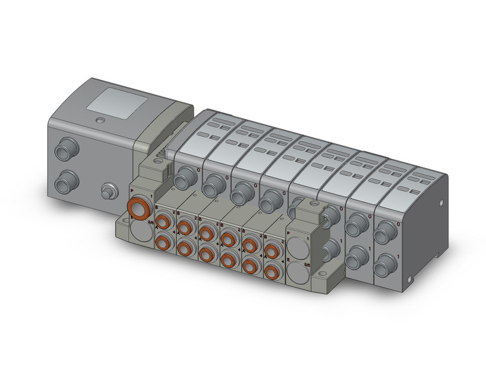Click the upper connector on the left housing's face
tap(63, 152)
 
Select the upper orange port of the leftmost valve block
tap(163, 222)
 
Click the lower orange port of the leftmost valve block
tap(163, 242)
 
